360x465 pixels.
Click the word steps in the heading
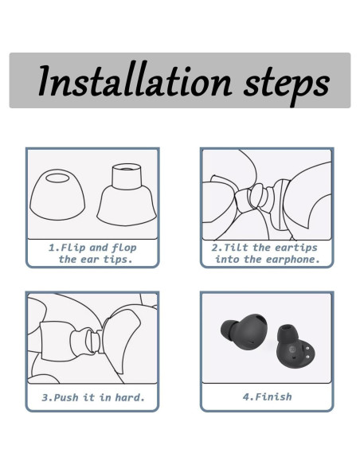tap(287, 84)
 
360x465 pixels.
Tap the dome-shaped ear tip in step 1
tap(57, 194)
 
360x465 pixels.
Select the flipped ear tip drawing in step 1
tap(127, 194)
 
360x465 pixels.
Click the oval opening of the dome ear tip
tap(57, 178)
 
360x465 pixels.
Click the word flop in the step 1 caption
tap(124, 248)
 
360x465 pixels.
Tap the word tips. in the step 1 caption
tap(118, 260)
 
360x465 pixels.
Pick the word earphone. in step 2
tap(292, 260)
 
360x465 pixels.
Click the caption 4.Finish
tap(267, 397)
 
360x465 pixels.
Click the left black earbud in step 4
tap(244, 332)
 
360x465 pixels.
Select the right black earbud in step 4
tap(295, 346)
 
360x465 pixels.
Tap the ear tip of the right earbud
tap(287, 334)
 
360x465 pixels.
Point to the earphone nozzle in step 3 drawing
tap(92, 341)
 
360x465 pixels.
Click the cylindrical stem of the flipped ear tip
tap(127, 177)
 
